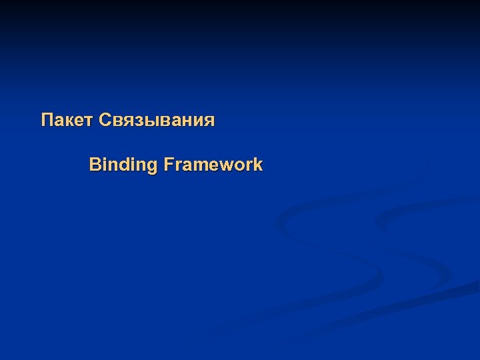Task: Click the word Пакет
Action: (67, 121)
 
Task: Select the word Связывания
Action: (157, 121)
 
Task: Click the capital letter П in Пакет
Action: (47, 121)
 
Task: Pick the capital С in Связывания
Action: (105, 121)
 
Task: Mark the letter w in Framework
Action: (230, 165)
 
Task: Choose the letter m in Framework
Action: (202, 165)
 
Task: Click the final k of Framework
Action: (258, 164)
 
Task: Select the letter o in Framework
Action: (243, 165)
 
